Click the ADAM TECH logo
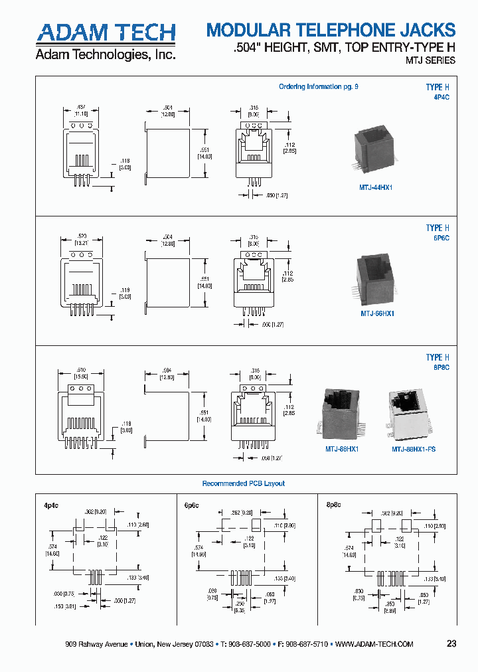106,33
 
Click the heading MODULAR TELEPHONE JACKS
331,30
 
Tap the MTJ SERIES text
430,60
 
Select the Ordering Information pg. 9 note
318,87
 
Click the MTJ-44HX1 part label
376,188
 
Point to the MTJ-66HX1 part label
377,313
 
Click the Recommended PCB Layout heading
243,483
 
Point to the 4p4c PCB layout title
52,505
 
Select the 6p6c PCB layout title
191,505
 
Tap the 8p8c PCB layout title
333,505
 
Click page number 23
451,644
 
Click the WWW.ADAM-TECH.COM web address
374,645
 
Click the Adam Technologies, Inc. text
105,54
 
